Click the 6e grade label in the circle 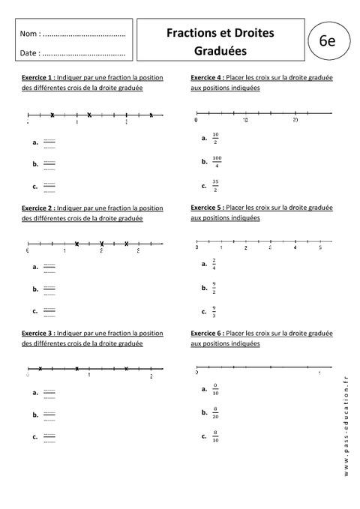[326, 42]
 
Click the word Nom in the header [29, 34]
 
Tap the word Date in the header [29, 53]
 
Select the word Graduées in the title [220, 52]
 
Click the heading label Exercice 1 [37, 77]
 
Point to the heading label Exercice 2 [37, 208]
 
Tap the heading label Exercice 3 [37, 333]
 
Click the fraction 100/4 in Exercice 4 [217, 161]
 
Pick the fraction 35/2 [215, 184]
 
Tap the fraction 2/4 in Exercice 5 [214, 264]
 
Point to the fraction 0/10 [215, 390]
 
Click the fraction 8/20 [215, 413]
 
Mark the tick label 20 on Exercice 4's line [295, 120]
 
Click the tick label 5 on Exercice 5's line [320, 247]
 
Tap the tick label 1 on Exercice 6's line [319, 373]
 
